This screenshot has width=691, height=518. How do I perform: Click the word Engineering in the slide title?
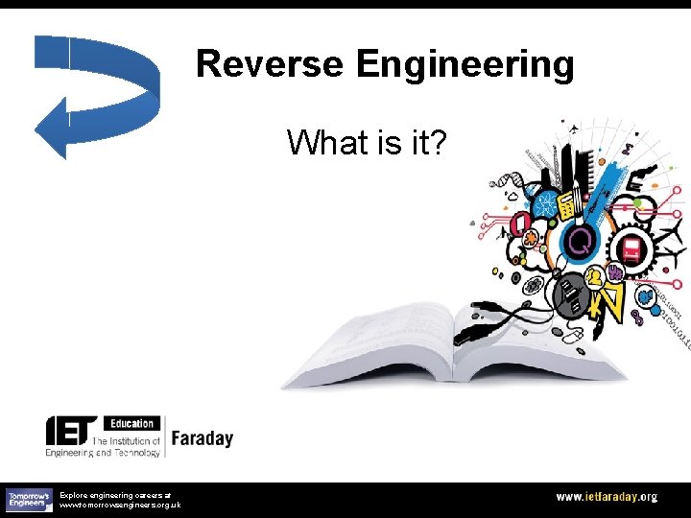pyautogui.click(x=465, y=64)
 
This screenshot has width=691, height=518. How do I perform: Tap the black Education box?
pyautogui.click(x=131, y=423)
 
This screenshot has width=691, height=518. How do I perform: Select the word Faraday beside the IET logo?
pyautogui.click(x=202, y=438)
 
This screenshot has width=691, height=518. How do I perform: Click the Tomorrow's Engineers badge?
pyautogui.click(x=28, y=499)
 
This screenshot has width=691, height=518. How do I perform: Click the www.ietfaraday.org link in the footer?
pyautogui.click(x=607, y=497)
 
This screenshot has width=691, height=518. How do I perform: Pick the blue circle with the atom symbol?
pyautogui.click(x=546, y=202)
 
